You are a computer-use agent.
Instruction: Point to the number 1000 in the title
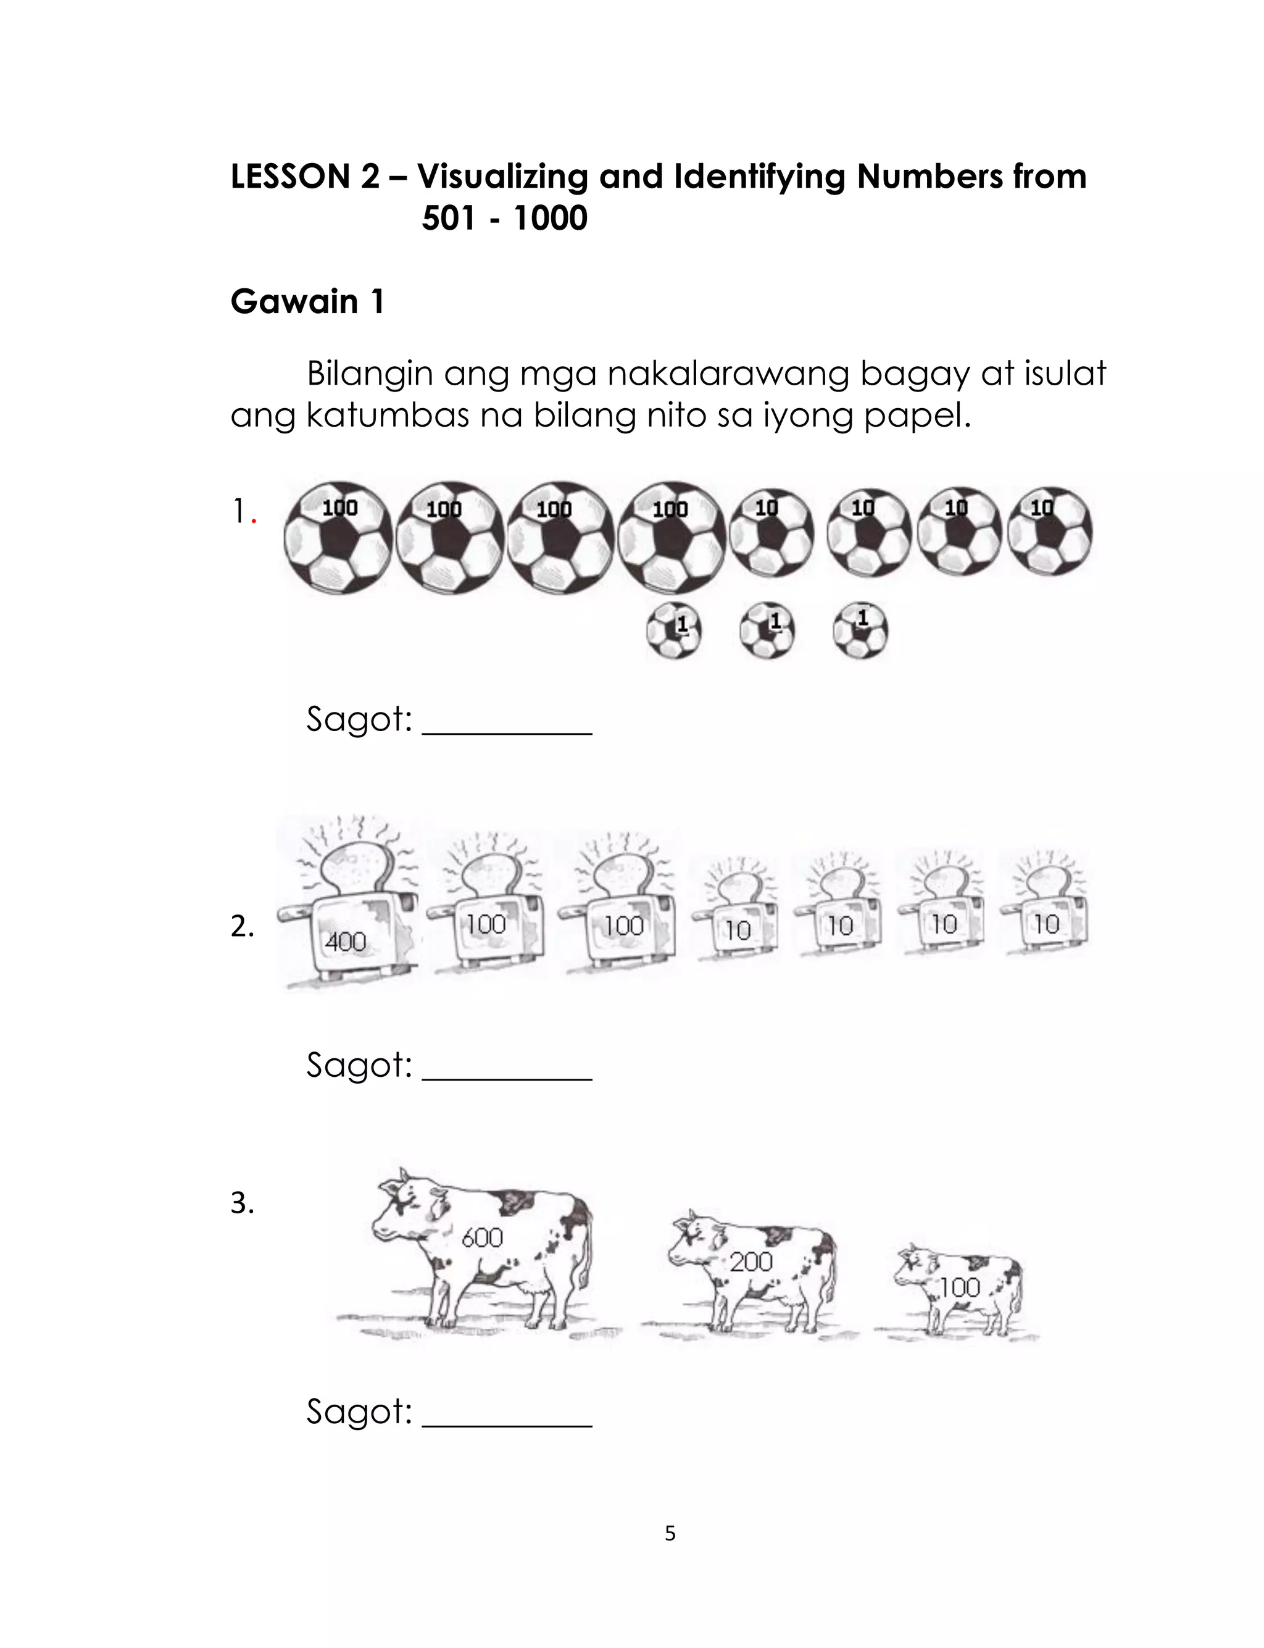(x=550, y=218)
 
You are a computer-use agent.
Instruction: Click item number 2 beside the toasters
(x=243, y=926)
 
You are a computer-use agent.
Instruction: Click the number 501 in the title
(x=449, y=218)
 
